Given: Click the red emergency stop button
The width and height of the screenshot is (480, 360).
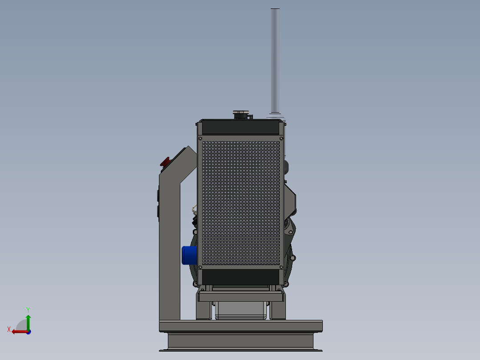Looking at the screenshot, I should pos(165,162).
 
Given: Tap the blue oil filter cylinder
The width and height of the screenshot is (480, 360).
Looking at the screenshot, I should pos(189,255).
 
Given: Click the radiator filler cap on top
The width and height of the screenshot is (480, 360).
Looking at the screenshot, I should pos(242,115).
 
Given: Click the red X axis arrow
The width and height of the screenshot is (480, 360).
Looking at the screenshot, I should pos(18,331).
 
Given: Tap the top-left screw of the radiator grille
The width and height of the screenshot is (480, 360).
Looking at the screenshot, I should pos(200,139).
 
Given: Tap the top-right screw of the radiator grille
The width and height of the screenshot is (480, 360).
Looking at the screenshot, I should pos(281,139).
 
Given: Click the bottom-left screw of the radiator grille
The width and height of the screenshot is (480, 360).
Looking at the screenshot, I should pos(200,267).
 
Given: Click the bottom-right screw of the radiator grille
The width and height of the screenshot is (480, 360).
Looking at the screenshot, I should pos(281,267).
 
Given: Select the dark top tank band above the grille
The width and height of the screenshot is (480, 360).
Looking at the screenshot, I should pos(240,128).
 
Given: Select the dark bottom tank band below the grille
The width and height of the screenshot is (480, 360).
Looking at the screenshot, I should pos(240,277).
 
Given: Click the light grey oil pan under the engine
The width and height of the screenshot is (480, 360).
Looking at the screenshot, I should pos(241,311).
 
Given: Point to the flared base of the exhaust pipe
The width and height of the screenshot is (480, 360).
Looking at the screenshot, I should pos(275,115).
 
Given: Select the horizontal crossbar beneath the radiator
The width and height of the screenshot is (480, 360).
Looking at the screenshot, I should pos(241,297).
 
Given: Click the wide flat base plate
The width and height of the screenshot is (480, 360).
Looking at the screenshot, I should pos(241,326).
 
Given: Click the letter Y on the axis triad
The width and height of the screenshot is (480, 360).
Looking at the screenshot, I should pos(28,309).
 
